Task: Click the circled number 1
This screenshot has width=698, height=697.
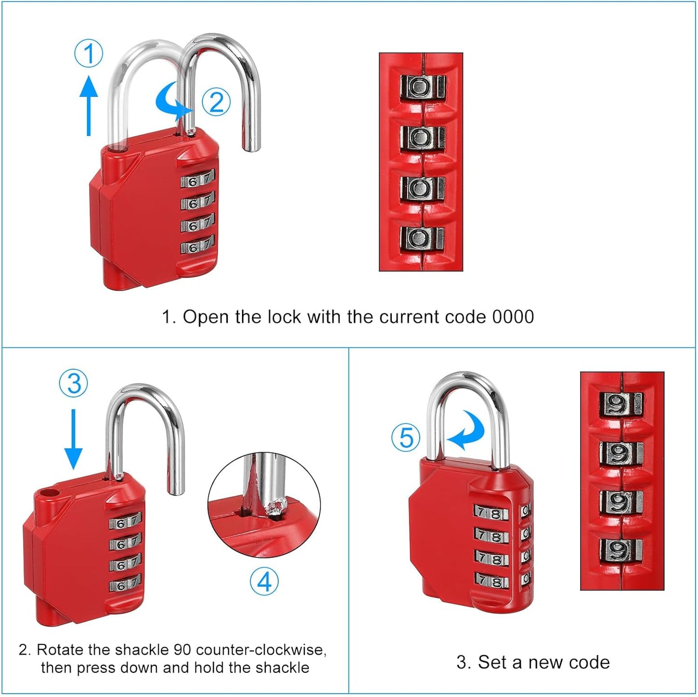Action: [88, 54]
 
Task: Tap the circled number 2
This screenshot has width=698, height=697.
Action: [216, 102]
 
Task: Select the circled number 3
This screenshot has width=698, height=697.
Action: [73, 383]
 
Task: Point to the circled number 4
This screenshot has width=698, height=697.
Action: [264, 581]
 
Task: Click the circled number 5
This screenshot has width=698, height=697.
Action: [406, 437]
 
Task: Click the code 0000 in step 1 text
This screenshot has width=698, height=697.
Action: [513, 317]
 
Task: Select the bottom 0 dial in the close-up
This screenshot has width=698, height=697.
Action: [421, 238]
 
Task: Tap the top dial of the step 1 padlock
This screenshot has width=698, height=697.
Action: [198, 180]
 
